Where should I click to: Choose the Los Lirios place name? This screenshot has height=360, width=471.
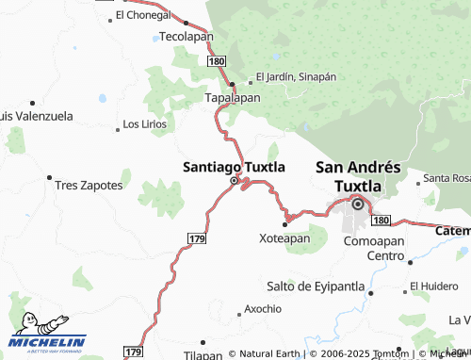pyautogui.click(x=145, y=124)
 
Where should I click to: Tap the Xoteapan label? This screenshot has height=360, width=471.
pyautogui.click(x=284, y=238)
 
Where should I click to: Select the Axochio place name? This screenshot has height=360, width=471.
pyautogui.click(x=263, y=308)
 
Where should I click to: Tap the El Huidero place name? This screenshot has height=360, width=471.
pyautogui.click(x=434, y=285)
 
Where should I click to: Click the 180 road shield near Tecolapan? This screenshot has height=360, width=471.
pyautogui.click(x=217, y=60)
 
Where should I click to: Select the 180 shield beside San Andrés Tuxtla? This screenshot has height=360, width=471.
pyautogui.click(x=380, y=220)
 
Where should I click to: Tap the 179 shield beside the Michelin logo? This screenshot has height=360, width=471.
pyautogui.click(x=135, y=352)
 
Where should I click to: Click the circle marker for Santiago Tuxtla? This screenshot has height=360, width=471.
pyautogui.click(x=234, y=180)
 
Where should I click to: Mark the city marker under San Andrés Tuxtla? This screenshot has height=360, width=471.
pyautogui.click(x=358, y=203)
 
